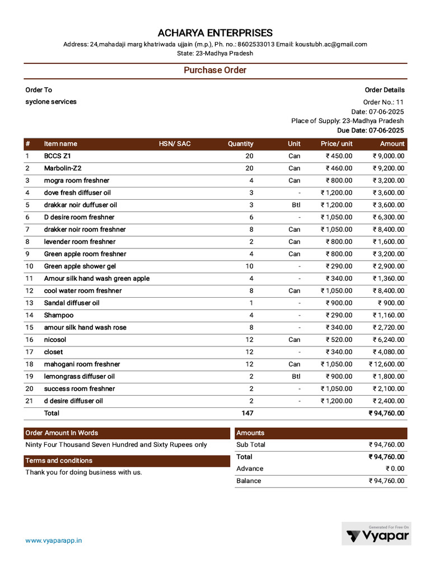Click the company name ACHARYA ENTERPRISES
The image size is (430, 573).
click(x=215, y=33)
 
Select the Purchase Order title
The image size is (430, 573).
click(x=215, y=71)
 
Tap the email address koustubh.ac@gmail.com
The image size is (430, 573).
click(x=331, y=44)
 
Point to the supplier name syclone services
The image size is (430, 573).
click(x=51, y=102)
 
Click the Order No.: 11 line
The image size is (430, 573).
click(x=383, y=102)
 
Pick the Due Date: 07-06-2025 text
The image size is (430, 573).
click(x=370, y=130)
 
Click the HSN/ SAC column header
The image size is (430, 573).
click(x=175, y=144)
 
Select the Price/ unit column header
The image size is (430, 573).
click(x=336, y=144)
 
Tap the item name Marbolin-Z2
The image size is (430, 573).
click(x=63, y=168)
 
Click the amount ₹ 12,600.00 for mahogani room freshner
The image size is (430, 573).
click(x=386, y=364)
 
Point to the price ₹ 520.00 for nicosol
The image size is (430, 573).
click(x=339, y=340)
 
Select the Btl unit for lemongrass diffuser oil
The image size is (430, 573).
click(x=296, y=377)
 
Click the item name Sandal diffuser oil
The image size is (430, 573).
click(x=72, y=303)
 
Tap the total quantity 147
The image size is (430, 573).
click(x=247, y=413)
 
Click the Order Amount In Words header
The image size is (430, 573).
click(x=62, y=433)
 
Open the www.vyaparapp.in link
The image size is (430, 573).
click(x=54, y=541)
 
